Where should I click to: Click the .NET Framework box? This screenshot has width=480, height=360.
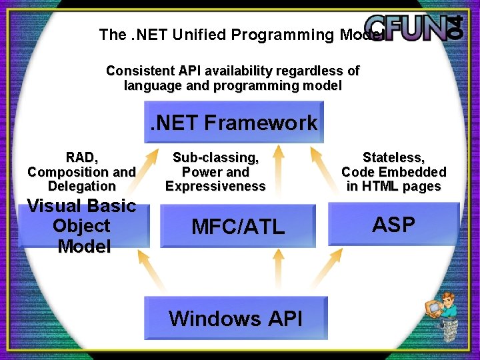pyautogui.click(x=234, y=122)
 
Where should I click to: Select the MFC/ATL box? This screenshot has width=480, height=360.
pyautogui.click(x=238, y=227)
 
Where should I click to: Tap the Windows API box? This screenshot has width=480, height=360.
pyautogui.click(x=235, y=318)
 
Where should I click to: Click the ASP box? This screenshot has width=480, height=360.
pyautogui.click(x=393, y=225)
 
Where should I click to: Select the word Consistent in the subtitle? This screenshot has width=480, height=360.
pyautogui.click(x=139, y=71)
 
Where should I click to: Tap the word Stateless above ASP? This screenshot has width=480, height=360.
pyautogui.click(x=393, y=157)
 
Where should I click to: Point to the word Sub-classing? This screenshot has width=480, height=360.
pyautogui.click(x=215, y=157)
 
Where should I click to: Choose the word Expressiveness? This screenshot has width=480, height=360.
pyautogui.click(x=215, y=186)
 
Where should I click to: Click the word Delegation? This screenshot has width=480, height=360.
pyautogui.click(x=81, y=186)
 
